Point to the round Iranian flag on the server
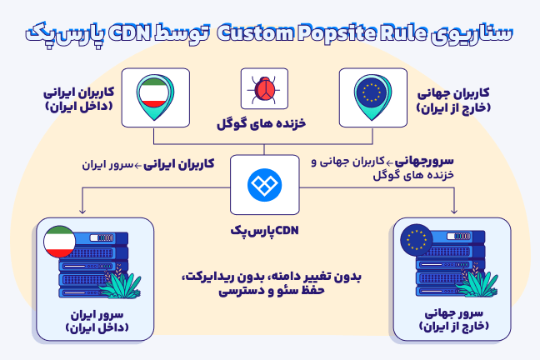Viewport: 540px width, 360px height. coord(59,241)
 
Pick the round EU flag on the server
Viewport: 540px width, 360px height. coord(417,242)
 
